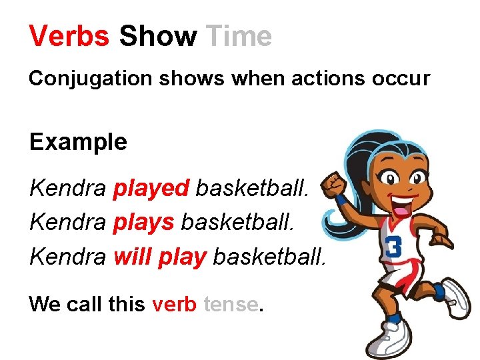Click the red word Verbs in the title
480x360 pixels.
69,36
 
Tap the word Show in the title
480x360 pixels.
157,36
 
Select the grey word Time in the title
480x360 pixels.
239,36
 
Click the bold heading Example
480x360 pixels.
78,142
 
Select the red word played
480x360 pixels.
151,189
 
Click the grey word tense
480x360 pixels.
230,305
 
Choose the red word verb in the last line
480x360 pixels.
174,305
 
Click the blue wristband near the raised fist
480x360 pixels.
341,199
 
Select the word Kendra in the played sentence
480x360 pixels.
67,189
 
